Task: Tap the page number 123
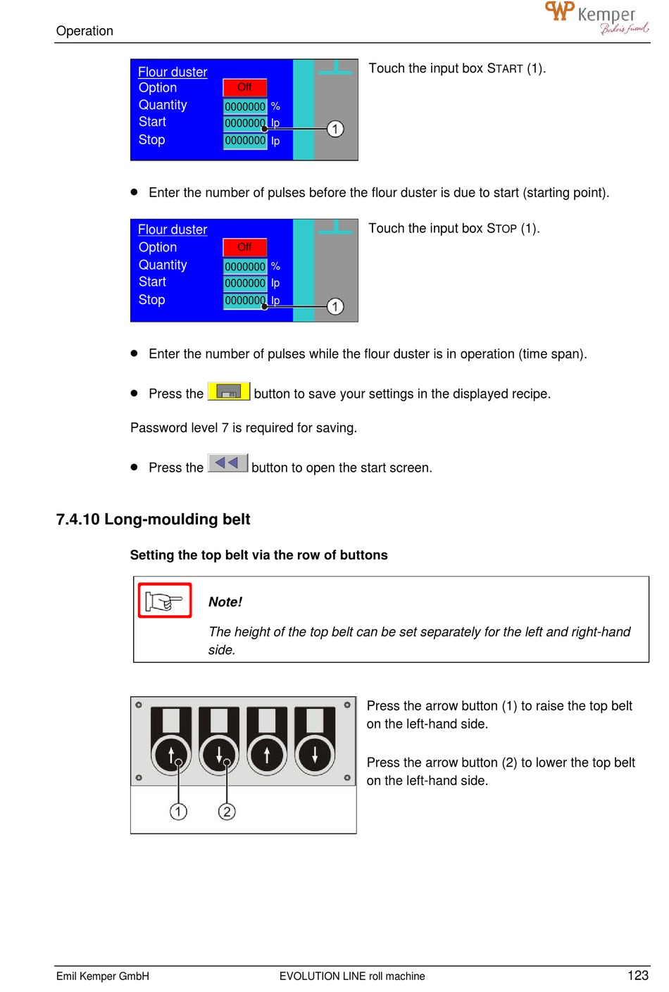(637, 975)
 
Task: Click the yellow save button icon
(229, 391)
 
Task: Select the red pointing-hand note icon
(165, 601)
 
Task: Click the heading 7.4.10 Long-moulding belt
(153, 520)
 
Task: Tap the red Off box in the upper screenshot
(244, 87)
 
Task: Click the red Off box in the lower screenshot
(244, 247)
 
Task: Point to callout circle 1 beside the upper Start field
(335, 129)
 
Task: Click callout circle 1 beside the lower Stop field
(335, 306)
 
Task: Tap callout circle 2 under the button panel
(226, 812)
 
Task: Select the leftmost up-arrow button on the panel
(171, 755)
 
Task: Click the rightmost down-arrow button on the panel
(315, 755)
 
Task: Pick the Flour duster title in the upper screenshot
(173, 72)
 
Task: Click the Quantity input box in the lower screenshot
(245, 266)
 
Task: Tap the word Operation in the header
(85, 31)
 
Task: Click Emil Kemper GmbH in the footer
(103, 976)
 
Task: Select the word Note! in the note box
(225, 602)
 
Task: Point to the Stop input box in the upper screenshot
(245, 141)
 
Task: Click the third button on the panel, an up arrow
(267, 755)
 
